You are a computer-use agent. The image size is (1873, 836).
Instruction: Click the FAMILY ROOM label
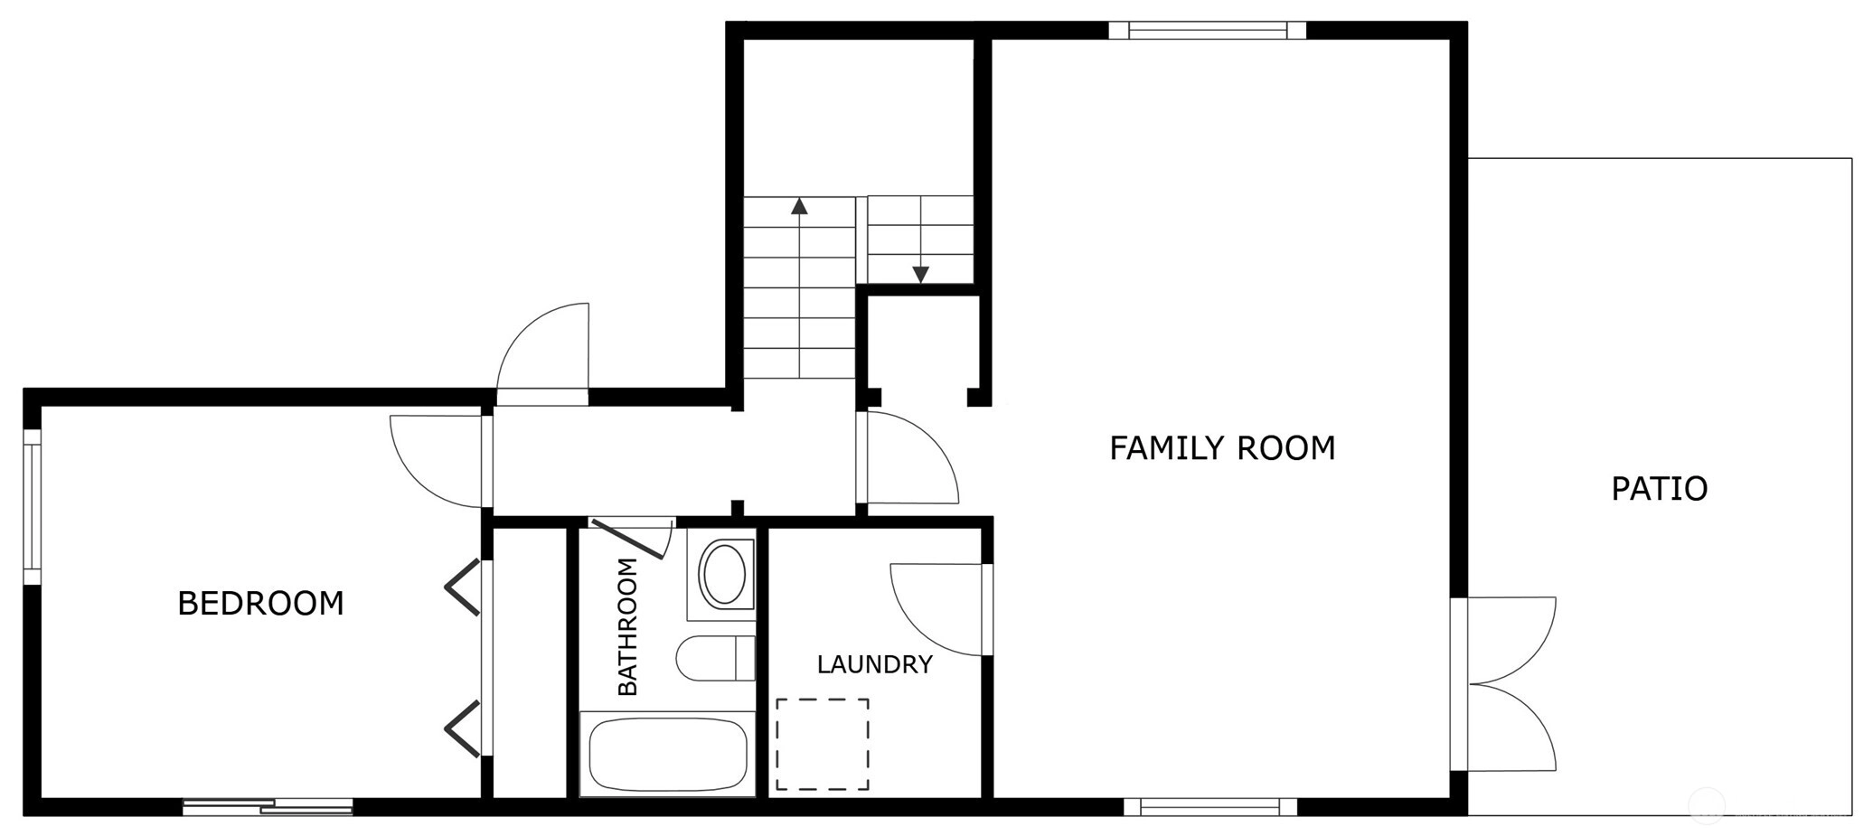point(1222,448)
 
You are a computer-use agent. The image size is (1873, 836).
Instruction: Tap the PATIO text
point(1660,489)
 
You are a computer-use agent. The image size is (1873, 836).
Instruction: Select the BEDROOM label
point(260,604)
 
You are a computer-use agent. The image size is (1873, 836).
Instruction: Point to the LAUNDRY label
point(874,665)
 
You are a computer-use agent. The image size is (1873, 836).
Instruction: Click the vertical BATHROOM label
point(627,627)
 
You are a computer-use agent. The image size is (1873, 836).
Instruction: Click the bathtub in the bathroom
point(668,755)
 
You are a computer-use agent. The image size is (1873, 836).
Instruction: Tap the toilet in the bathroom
point(715,658)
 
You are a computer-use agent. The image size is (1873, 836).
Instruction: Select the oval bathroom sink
point(724,574)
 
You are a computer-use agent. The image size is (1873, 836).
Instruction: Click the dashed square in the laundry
point(823,744)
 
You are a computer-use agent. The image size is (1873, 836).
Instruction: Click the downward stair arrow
point(921,240)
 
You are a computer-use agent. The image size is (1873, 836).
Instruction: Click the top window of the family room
point(1208,30)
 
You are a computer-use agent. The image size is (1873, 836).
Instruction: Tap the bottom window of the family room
point(1210,807)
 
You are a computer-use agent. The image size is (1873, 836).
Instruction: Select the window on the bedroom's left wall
point(33,507)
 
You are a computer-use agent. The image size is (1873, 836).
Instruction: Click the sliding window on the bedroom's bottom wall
point(268,807)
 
